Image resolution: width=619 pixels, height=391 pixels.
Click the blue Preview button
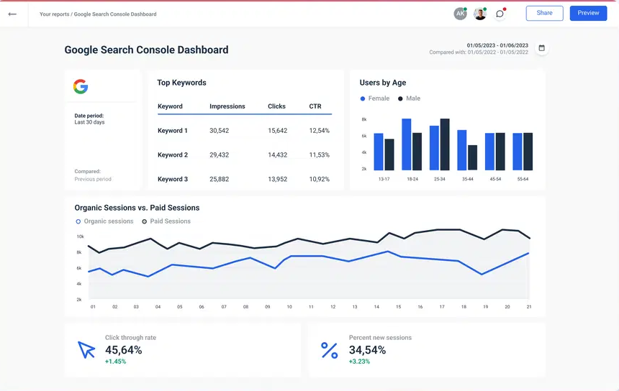pos(588,13)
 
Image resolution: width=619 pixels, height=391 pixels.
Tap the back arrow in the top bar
pos(12,14)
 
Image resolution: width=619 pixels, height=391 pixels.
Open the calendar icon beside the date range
pos(542,48)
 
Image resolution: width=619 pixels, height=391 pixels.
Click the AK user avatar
pos(460,14)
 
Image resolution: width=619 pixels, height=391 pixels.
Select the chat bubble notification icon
pos(500,14)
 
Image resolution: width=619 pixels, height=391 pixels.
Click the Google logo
pos(81,87)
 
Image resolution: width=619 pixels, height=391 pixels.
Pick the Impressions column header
pos(227,106)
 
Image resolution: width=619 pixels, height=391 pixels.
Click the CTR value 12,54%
pos(320,131)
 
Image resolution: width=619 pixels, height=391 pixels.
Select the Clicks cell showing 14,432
pos(277,155)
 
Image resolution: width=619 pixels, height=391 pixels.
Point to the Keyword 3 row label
pos(173,179)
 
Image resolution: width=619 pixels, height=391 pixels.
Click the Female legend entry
pos(375,98)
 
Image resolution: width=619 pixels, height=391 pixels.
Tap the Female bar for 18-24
pos(407,144)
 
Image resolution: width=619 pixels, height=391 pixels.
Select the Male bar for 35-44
pos(472,157)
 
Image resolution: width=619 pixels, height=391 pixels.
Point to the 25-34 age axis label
pos(439,179)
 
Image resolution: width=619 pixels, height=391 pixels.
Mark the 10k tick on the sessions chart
pos(80,236)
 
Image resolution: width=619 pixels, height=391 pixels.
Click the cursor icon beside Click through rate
pos(86,350)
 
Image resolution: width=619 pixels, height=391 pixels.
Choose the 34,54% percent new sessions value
pos(367,350)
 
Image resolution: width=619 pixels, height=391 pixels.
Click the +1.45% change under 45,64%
pos(115,362)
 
